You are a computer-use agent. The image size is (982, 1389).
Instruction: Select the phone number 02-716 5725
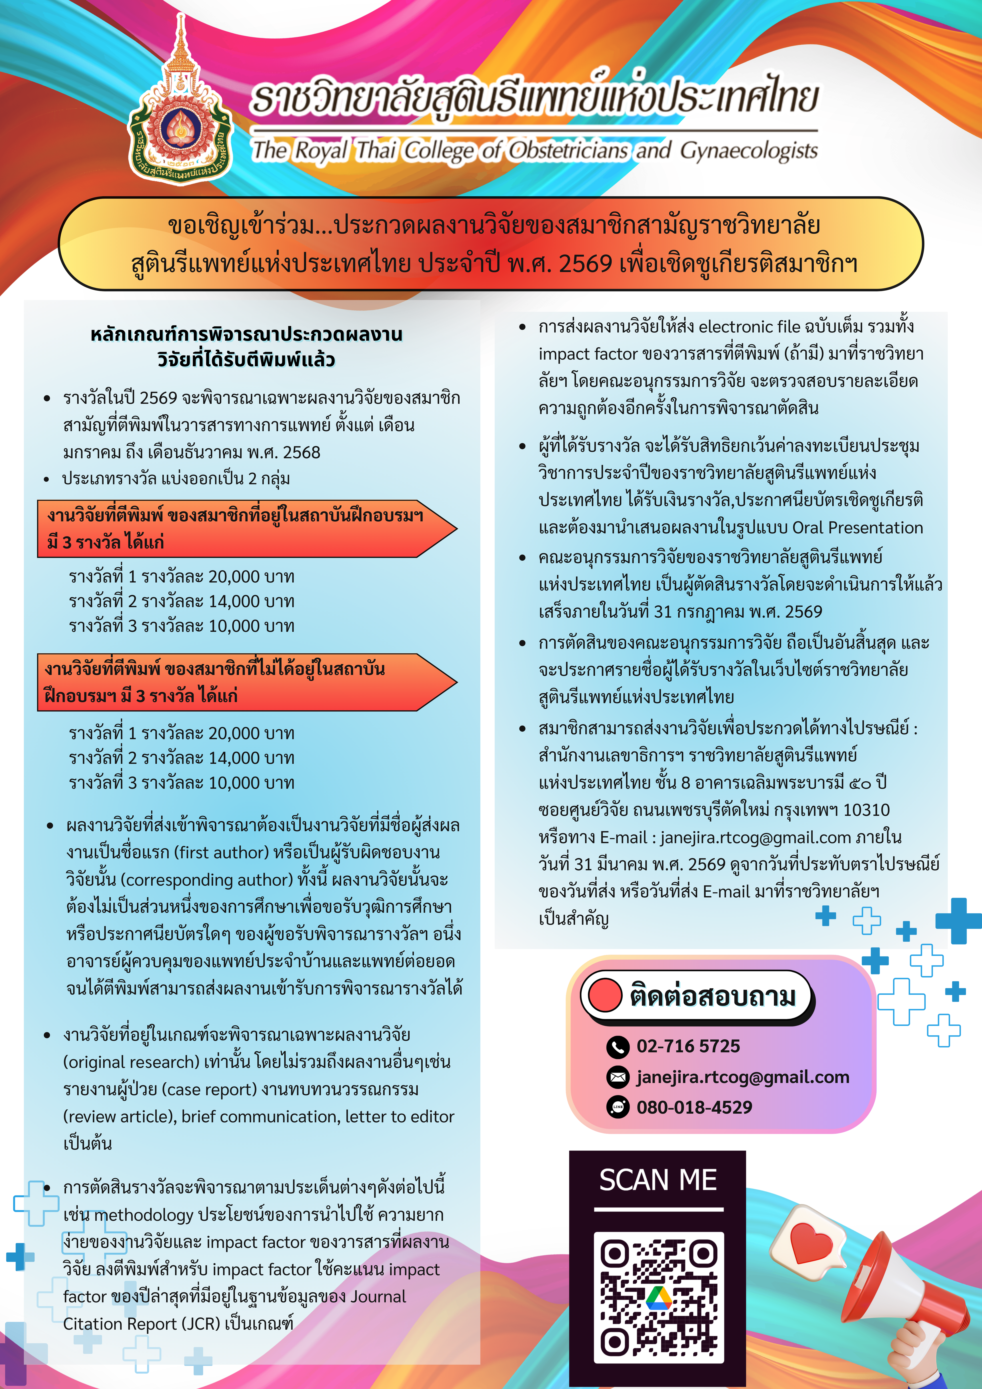pyautogui.click(x=688, y=1046)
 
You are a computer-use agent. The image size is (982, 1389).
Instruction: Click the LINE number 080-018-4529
pyautogui.click(x=694, y=1107)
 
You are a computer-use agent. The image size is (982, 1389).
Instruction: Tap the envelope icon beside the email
pyautogui.click(x=618, y=1077)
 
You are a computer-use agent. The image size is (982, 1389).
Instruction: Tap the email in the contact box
pyautogui.click(x=742, y=1077)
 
